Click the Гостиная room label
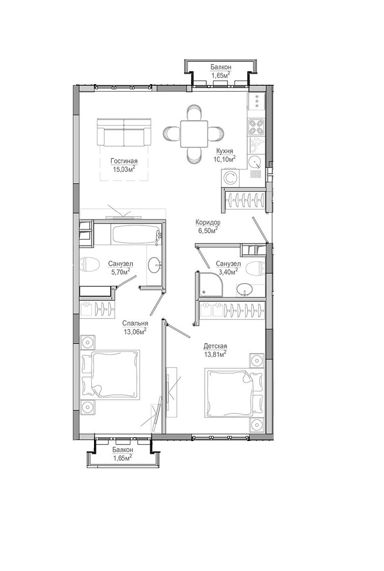point(124,161)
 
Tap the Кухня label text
point(224,151)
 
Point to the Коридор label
point(208,222)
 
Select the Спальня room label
point(135,323)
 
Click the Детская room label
point(215,346)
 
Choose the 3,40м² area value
point(228,271)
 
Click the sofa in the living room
point(124,132)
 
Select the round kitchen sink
point(255,161)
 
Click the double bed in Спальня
point(111,373)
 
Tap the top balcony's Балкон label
point(221,67)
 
